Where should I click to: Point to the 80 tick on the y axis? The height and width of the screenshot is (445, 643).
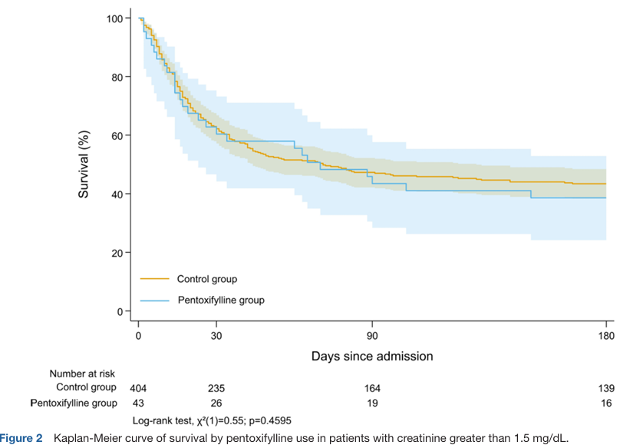(x=118, y=77)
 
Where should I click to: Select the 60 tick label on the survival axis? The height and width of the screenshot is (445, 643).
(x=118, y=135)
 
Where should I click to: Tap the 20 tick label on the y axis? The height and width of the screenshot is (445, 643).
(x=118, y=252)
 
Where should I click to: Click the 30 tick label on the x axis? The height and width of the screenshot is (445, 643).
(x=216, y=335)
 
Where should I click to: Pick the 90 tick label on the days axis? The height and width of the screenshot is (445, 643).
(x=372, y=335)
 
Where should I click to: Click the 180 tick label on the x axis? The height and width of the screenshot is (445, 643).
(x=606, y=335)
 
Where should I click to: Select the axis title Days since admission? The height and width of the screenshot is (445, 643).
(x=372, y=357)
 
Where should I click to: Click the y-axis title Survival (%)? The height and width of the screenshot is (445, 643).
(x=84, y=164)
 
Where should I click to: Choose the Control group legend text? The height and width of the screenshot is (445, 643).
(x=207, y=278)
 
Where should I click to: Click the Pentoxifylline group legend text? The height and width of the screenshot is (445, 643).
(x=221, y=300)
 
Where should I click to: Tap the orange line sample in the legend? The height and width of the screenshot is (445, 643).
(x=153, y=278)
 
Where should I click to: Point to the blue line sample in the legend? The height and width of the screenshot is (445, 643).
(x=153, y=300)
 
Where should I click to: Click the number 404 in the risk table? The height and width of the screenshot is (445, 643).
(x=138, y=387)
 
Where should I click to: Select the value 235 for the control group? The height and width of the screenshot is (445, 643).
(x=216, y=387)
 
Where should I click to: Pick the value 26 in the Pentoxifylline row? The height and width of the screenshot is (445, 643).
(x=216, y=403)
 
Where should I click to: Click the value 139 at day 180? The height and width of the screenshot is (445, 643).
(x=606, y=387)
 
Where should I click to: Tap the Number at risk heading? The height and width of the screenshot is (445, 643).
(x=83, y=373)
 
